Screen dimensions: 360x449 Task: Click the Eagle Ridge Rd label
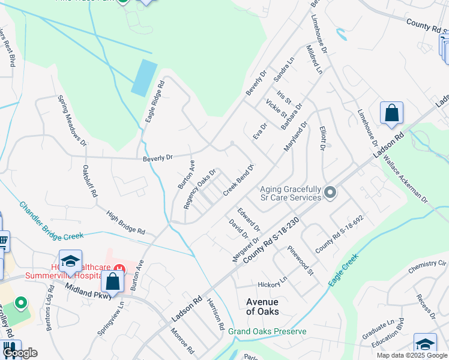(154, 103)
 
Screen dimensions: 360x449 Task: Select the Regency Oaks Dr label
(199, 189)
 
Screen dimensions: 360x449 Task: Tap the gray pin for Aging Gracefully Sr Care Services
(330, 193)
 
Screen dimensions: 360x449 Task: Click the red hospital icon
(119, 269)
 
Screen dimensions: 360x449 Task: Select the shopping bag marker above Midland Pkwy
(112, 280)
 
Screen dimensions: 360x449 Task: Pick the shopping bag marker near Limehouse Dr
(391, 113)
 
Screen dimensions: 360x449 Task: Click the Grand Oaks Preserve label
(267, 331)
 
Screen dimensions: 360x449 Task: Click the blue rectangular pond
(144, 78)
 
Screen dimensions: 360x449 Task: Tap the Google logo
(20, 353)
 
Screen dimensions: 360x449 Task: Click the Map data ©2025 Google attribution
(412, 355)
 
